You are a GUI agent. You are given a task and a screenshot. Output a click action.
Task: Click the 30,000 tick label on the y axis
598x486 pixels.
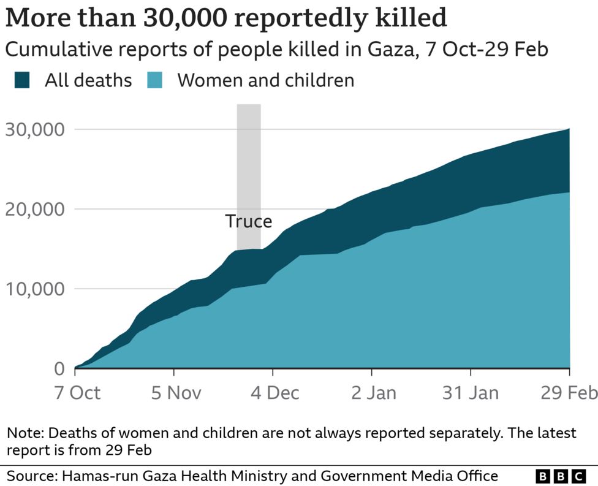tap(35, 130)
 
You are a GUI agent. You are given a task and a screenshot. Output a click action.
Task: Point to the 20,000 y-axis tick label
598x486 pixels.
tap(35, 210)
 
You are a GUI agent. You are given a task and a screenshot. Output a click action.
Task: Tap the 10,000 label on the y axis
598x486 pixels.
tap(35, 289)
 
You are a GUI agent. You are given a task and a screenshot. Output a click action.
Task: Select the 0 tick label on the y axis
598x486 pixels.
tap(59, 369)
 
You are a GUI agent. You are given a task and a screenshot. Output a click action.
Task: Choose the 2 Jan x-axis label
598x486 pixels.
tap(373, 392)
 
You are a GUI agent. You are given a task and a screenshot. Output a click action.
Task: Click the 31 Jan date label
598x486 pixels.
tap(471, 392)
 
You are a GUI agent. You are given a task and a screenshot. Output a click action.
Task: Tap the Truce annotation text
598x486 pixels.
tap(248, 221)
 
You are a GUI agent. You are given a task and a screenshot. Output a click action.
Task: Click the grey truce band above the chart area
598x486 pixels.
tap(249, 159)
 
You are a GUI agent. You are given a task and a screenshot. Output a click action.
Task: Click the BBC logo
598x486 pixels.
tap(561, 476)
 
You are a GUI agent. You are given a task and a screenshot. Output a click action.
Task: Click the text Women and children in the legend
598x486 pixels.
tap(265, 80)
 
